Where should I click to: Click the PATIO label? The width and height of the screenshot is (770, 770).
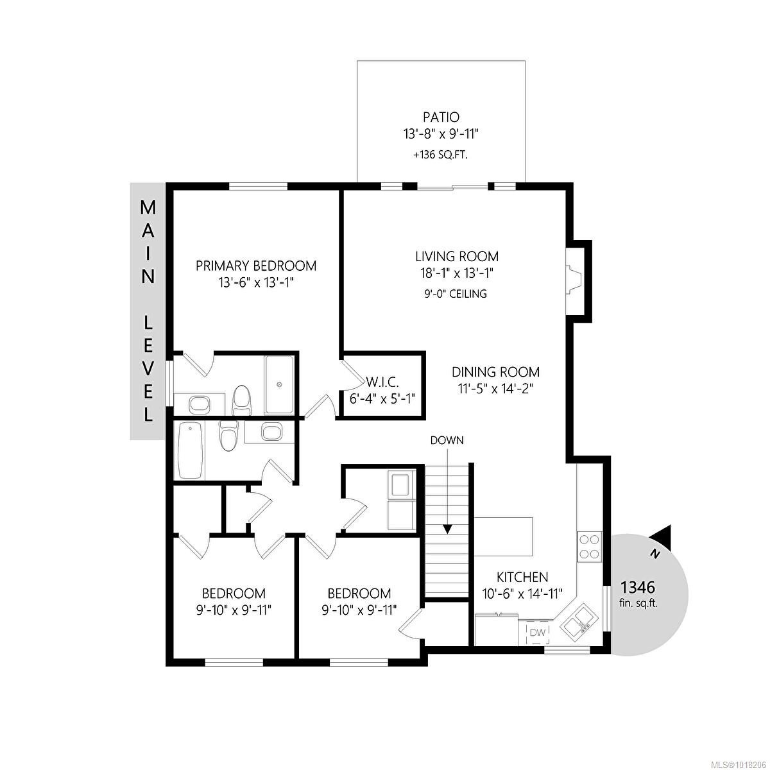coord(440,117)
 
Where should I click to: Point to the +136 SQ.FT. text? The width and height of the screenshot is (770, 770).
coord(440,154)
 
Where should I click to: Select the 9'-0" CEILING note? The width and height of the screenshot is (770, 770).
coord(456,294)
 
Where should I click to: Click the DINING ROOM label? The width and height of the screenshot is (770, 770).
coord(495,372)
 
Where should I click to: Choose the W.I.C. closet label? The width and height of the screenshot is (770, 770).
coord(383,382)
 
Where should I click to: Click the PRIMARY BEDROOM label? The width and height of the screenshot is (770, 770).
coord(255,266)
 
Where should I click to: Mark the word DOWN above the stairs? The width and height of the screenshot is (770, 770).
coord(447,440)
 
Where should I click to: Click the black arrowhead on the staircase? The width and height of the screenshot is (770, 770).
coord(447,529)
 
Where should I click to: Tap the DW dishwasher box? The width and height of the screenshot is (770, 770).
coord(537,633)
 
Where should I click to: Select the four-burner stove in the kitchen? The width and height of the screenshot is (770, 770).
coord(589,546)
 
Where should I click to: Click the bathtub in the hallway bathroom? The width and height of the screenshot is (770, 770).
coord(190,450)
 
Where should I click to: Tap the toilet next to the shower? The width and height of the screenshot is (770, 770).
coord(241,399)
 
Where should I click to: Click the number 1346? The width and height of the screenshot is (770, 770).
coord(637,587)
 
